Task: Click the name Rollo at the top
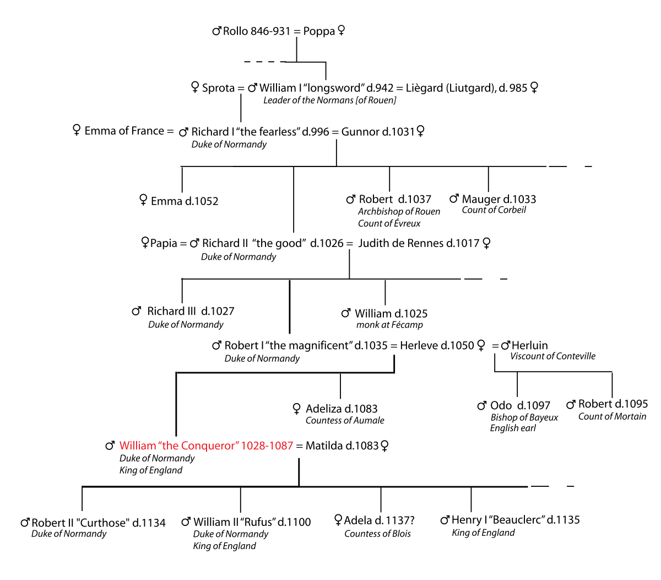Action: (x=236, y=31)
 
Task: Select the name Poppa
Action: (x=319, y=31)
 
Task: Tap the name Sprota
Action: (x=218, y=88)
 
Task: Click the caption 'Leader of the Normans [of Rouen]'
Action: (x=329, y=100)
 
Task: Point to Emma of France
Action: (x=124, y=131)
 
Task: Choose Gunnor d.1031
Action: (x=378, y=132)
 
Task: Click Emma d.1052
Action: (x=185, y=201)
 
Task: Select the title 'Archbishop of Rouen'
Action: (x=399, y=212)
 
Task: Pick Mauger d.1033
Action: (x=499, y=199)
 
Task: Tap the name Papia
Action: (x=164, y=244)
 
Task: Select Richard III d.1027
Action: (x=191, y=312)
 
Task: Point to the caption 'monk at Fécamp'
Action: (x=389, y=325)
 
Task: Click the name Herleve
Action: (x=422, y=346)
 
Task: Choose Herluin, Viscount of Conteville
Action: (x=529, y=346)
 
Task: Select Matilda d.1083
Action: (x=342, y=446)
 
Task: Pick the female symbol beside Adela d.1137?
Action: (x=338, y=520)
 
